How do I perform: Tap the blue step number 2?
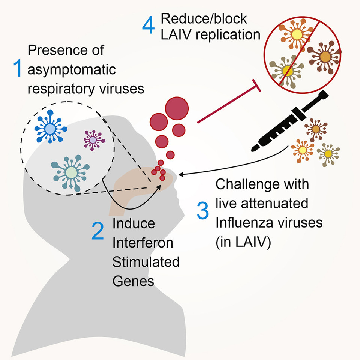[98, 232]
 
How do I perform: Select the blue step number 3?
[202, 212]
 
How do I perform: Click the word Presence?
[58, 50]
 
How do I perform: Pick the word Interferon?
[143, 242]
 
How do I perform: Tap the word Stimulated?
[146, 262]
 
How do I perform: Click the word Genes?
[133, 281]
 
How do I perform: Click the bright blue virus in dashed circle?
[50, 129]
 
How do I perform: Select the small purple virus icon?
[92, 140]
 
